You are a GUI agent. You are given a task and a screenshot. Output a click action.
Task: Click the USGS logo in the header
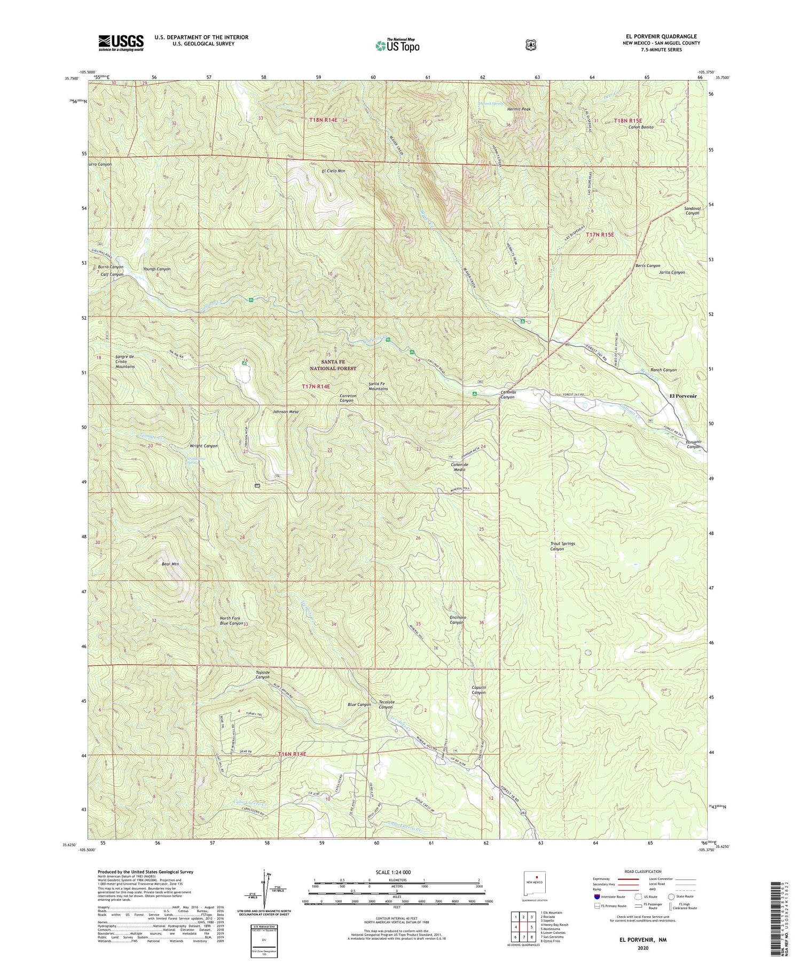[x=121, y=43]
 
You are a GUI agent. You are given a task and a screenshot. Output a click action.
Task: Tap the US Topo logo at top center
[x=397, y=45]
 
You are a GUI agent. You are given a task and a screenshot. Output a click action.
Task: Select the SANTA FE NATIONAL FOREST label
[x=333, y=365]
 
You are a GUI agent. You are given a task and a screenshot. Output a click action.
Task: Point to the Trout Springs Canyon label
[x=562, y=546]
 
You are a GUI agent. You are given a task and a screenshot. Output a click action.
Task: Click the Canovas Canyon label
[x=507, y=395]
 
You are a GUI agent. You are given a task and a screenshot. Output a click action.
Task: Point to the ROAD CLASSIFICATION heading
[x=644, y=871]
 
